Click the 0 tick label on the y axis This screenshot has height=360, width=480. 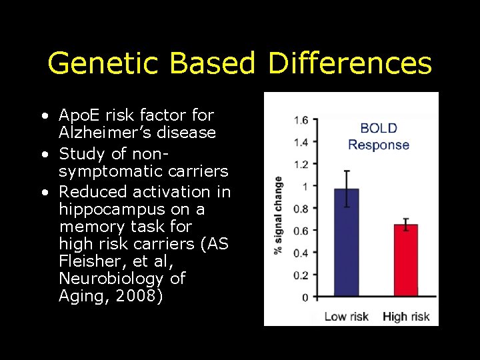pos(304,297)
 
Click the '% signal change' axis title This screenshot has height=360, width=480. pos(277,215)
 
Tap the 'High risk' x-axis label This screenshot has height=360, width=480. pos(406,316)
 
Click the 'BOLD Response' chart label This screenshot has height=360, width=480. pos(378,137)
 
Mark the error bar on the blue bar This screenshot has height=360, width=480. pos(346,189)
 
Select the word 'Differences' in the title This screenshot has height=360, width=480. pos(350,64)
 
